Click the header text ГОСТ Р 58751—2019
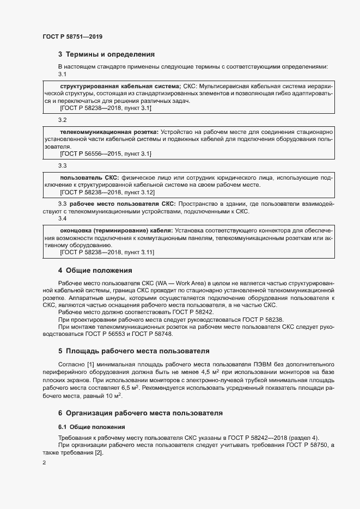(72, 36)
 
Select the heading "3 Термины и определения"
(106, 54)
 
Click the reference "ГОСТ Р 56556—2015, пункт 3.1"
(106, 155)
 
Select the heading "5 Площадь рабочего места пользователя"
(133, 351)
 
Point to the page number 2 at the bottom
(44, 463)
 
